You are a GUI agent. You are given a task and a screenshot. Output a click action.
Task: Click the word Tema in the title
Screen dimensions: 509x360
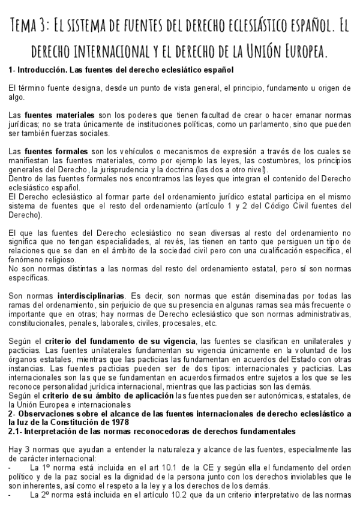(25, 26)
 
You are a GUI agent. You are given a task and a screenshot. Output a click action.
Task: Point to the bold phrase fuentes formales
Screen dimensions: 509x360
(56, 151)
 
